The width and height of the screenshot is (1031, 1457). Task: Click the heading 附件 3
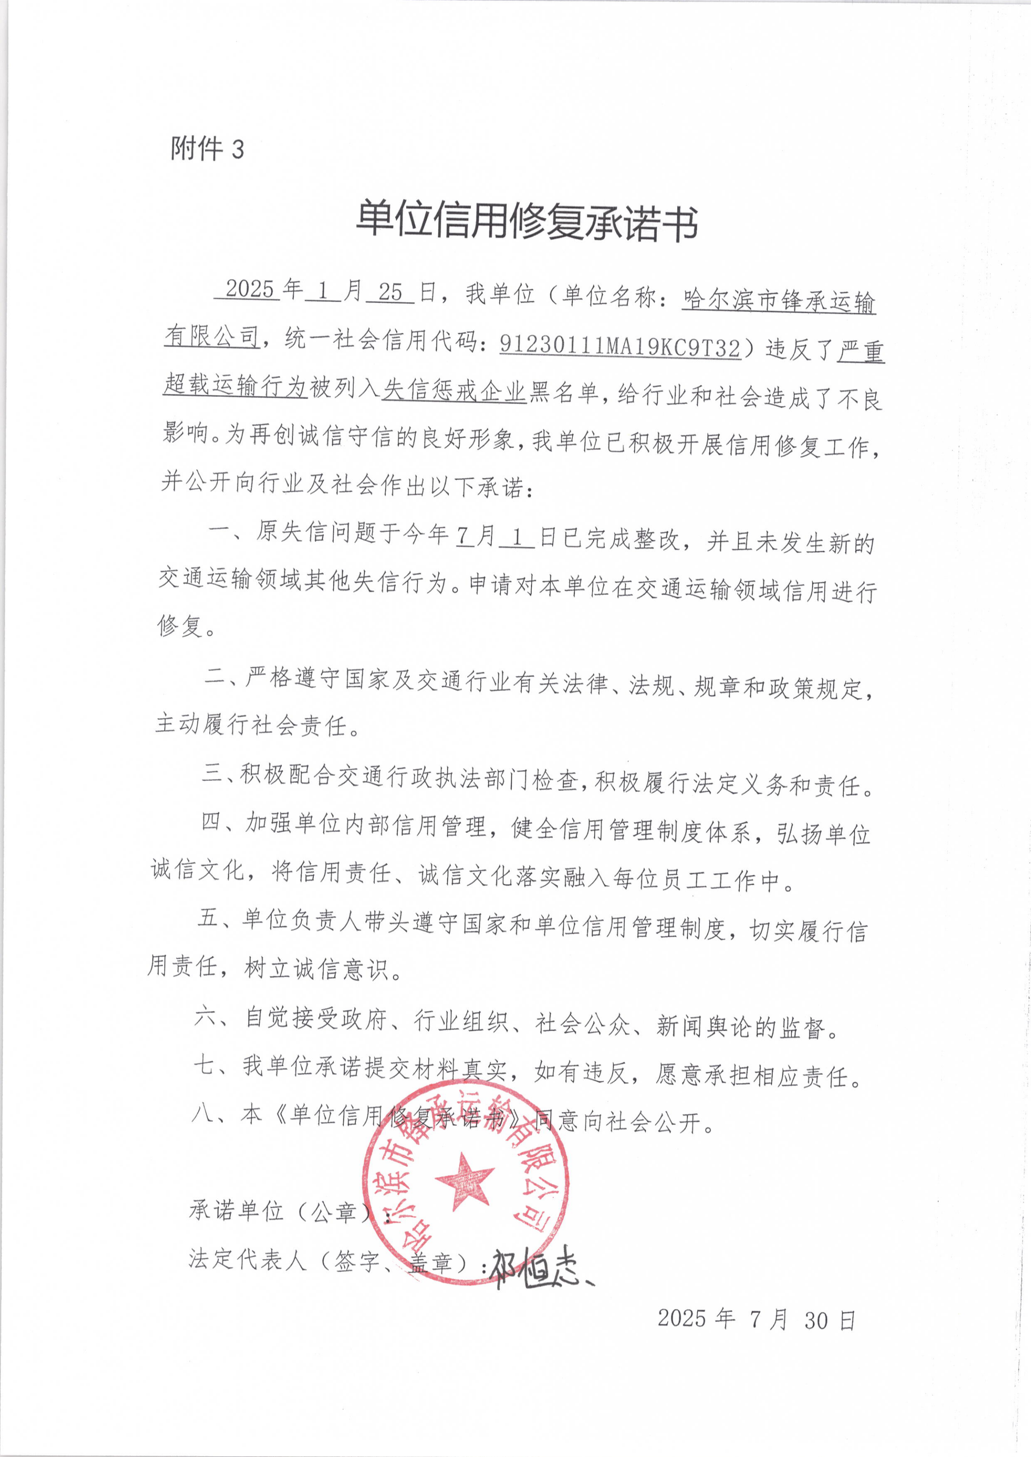pos(207,149)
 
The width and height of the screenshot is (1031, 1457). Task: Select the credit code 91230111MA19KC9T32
pos(620,346)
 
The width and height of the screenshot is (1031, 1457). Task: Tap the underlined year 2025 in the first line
pos(249,290)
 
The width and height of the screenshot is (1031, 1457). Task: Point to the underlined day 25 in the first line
pos(391,292)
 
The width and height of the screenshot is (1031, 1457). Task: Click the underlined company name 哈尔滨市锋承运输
pos(779,300)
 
